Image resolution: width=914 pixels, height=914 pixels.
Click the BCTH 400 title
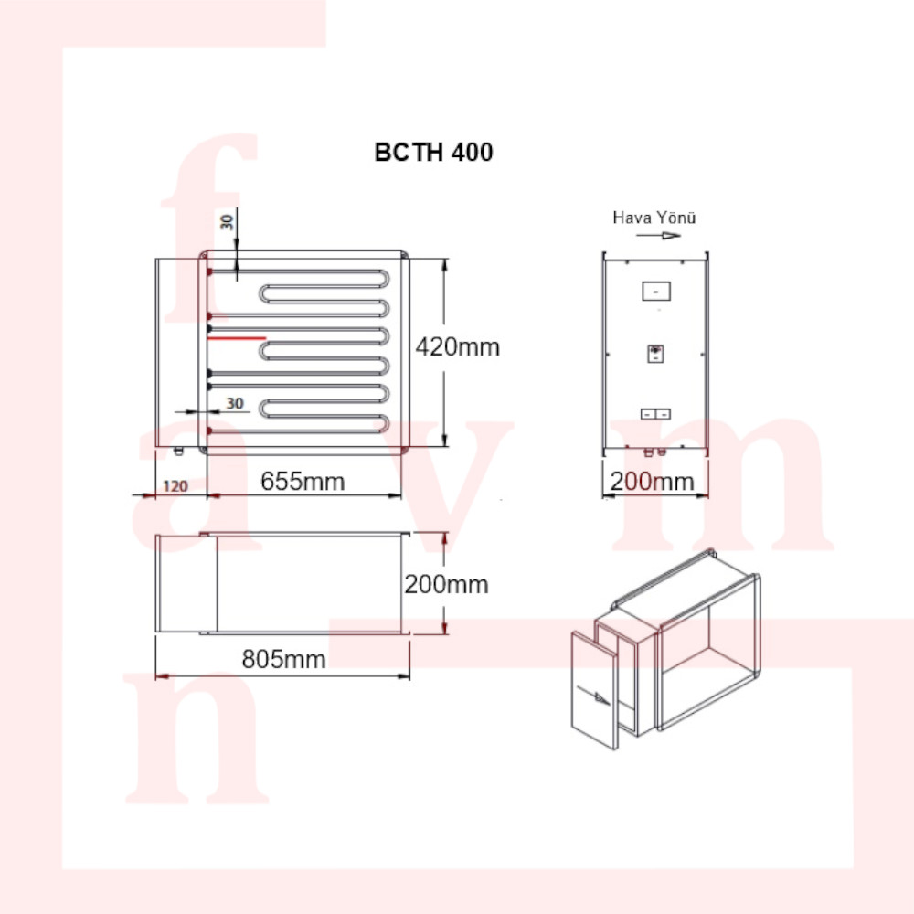pos(433,153)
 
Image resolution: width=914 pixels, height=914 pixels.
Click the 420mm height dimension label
pos(458,347)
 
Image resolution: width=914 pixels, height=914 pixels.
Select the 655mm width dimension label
pos(303,482)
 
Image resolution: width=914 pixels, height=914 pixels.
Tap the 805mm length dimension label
pos(283,659)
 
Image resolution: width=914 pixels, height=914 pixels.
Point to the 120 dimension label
pos(175,486)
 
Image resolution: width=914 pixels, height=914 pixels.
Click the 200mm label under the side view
pos(653,482)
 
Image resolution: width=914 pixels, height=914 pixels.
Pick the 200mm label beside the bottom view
pos(447,585)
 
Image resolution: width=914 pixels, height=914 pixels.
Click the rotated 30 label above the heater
pos(228,222)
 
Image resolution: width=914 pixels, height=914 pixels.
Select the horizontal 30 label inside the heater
pos(235,403)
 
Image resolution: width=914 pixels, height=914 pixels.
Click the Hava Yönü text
pos(654,218)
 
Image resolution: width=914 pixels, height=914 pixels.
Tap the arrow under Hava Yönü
pos(658,236)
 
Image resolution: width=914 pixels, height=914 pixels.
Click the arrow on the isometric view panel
pos(593,696)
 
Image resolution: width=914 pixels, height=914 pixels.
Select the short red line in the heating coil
pos(237,337)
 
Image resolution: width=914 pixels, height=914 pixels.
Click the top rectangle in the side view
pos(656,291)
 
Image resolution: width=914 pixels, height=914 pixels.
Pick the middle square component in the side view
pos(655,354)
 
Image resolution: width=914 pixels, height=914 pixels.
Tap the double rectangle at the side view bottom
pos(655,414)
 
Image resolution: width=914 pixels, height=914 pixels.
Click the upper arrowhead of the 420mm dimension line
pos(445,265)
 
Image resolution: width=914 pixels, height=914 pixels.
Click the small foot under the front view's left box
pos(179,450)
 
